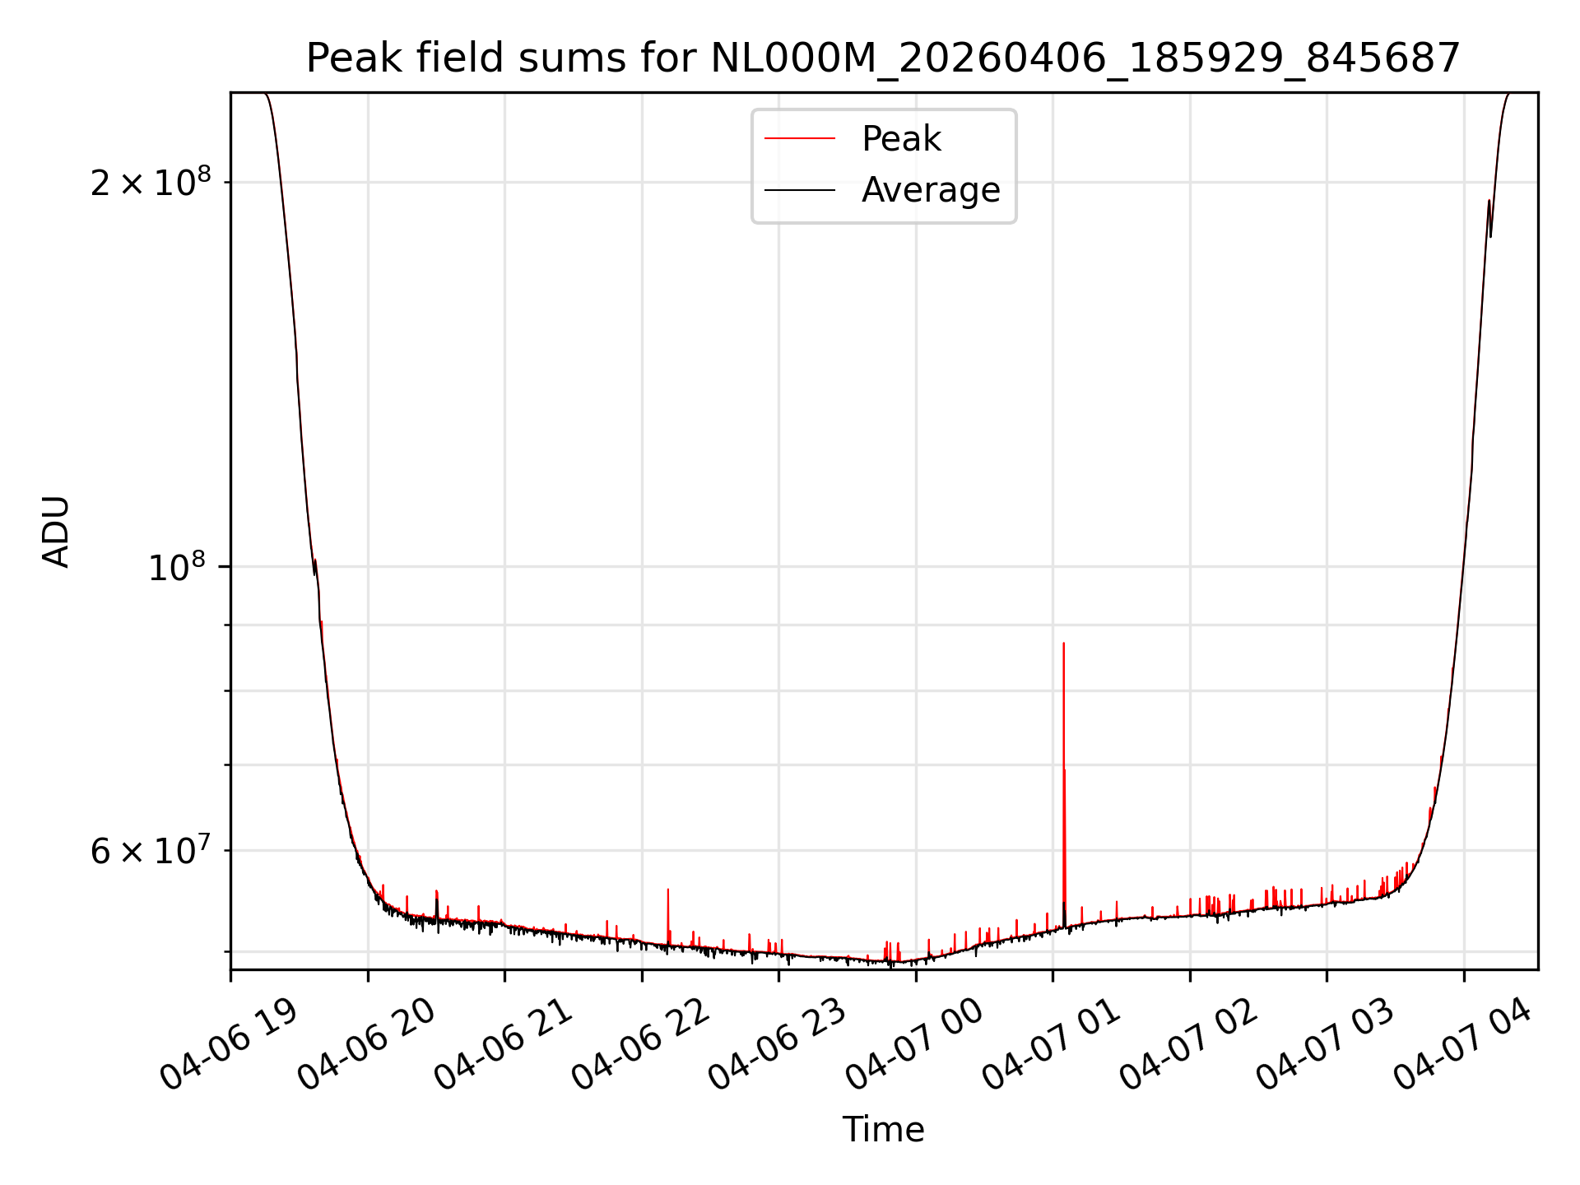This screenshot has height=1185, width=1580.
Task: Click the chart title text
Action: click(x=883, y=58)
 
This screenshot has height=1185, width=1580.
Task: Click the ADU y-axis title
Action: click(x=56, y=532)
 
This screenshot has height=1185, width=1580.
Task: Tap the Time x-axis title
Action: click(x=883, y=1130)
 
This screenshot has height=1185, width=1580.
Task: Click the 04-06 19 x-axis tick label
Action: click(x=229, y=1043)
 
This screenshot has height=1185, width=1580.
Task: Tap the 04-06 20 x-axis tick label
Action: click(x=366, y=1043)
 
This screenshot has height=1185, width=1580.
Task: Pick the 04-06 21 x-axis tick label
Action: click(x=503, y=1043)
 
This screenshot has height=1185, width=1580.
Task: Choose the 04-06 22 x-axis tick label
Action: click(x=640, y=1043)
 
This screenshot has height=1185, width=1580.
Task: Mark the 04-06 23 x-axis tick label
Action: click(x=777, y=1043)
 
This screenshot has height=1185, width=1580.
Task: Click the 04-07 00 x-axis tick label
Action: click(x=914, y=1043)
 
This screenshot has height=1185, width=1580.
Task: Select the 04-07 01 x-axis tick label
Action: click(x=1051, y=1043)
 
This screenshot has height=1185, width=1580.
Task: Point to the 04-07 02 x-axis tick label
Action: click(x=1188, y=1043)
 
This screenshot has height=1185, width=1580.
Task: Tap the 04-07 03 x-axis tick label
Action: click(x=1325, y=1043)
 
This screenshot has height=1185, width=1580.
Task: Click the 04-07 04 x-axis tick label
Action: click(x=1462, y=1043)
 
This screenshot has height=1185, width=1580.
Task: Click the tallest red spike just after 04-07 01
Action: click(x=1064, y=782)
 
